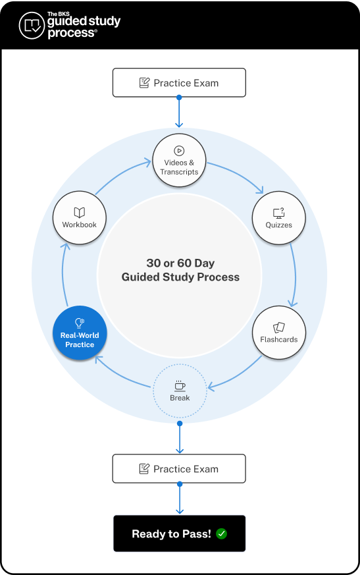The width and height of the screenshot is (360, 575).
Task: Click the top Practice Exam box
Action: pyautogui.click(x=179, y=83)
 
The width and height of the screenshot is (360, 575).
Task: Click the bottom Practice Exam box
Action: pyautogui.click(x=179, y=469)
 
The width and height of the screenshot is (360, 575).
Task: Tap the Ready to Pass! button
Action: pyautogui.click(x=179, y=534)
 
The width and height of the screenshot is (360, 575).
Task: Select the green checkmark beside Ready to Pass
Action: pyautogui.click(x=221, y=534)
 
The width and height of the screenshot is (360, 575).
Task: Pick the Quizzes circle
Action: pyautogui.click(x=279, y=218)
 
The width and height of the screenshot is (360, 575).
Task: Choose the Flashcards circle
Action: pyautogui.click(x=279, y=333)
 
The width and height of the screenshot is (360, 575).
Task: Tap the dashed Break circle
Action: pyautogui.click(x=180, y=391)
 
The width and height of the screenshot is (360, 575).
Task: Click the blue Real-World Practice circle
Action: pyautogui.click(x=80, y=333)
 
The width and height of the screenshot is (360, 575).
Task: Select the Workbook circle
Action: pyautogui.click(x=80, y=218)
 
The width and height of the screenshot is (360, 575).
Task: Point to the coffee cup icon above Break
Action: pyautogui.click(x=180, y=385)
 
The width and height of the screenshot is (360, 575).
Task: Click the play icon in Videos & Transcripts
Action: pyautogui.click(x=179, y=151)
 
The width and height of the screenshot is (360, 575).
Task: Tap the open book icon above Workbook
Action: pyautogui.click(x=80, y=212)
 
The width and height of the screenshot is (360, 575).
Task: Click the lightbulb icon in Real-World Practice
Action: pyautogui.click(x=80, y=323)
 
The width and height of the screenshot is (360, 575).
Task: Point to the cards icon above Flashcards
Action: pyautogui.click(x=279, y=327)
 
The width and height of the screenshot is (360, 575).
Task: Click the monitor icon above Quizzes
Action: pyautogui.click(x=279, y=212)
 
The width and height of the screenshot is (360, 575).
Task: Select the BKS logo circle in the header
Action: pyautogui.click(x=31, y=25)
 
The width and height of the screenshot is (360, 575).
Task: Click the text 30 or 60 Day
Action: pyautogui.click(x=180, y=263)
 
